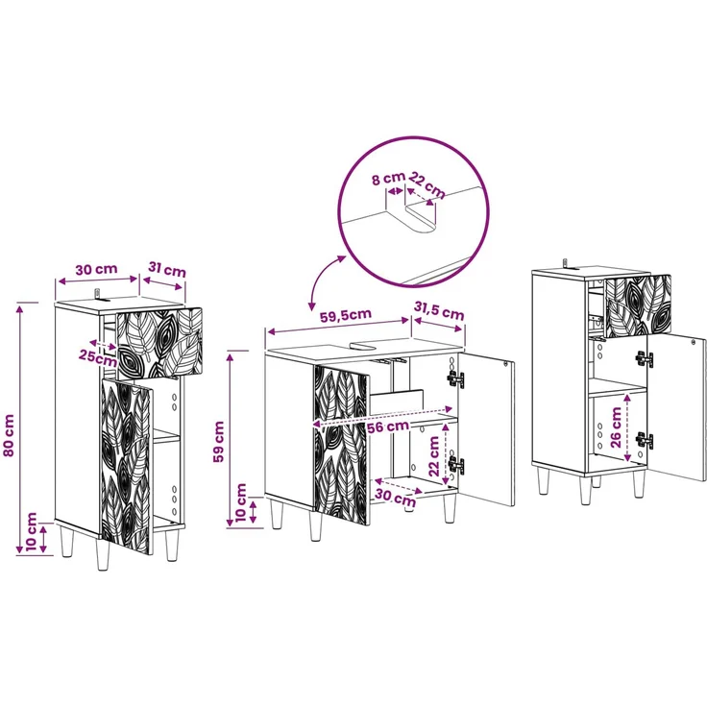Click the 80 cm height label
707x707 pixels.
click(x=9, y=435)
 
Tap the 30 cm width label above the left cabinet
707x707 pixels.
click(x=96, y=270)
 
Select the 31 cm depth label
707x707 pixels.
click(x=167, y=270)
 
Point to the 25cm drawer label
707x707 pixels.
click(x=97, y=357)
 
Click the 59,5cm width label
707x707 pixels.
click(x=346, y=315)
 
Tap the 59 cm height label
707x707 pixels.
click(x=219, y=442)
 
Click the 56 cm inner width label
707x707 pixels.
click(x=388, y=427)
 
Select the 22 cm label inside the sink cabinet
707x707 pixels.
click(x=434, y=456)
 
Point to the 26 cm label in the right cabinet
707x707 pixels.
click(x=616, y=427)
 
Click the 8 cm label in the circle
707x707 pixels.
click(x=388, y=179)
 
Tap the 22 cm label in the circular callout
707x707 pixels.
click(x=427, y=184)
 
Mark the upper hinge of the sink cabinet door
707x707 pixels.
click(x=454, y=378)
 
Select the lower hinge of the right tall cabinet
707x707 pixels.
click(x=645, y=440)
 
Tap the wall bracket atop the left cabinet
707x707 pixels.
click(x=100, y=296)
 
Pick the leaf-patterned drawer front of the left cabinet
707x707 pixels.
click(x=159, y=343)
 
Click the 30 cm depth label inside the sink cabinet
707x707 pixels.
click(x=396, y=498)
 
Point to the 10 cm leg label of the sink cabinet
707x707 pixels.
click(x=241, y=502)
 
